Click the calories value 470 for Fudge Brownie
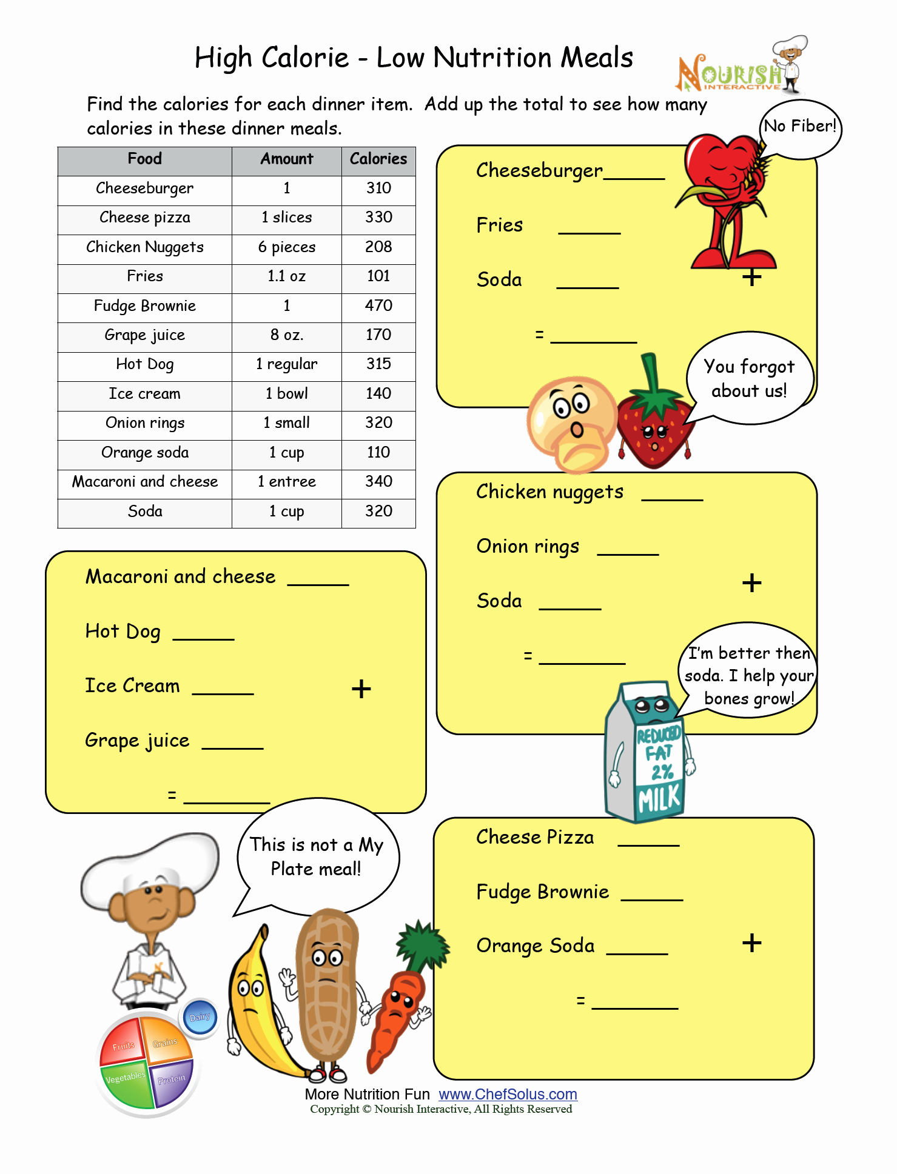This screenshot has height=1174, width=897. [x=378, y=305]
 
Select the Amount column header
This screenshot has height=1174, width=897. [x=286, y=159]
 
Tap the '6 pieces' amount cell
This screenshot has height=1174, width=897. [x=286, y=247]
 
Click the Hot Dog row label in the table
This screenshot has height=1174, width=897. [x=145, y=364]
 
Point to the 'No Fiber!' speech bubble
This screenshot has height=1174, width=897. [x=800, y=127]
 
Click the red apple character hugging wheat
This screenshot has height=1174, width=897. [x=725, y=194]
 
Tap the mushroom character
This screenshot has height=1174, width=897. [x=571, y=424]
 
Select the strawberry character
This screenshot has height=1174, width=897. [x=654, y=424]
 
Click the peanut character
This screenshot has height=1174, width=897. [x=328, y=988]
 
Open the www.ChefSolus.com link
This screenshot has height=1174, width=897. [x=508, y=1095]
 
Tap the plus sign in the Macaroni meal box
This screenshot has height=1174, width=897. [x=361, y=689]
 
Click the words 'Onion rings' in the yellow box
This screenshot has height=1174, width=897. [x=528, y=547]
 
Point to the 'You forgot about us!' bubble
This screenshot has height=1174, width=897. [x=749, y=379]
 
